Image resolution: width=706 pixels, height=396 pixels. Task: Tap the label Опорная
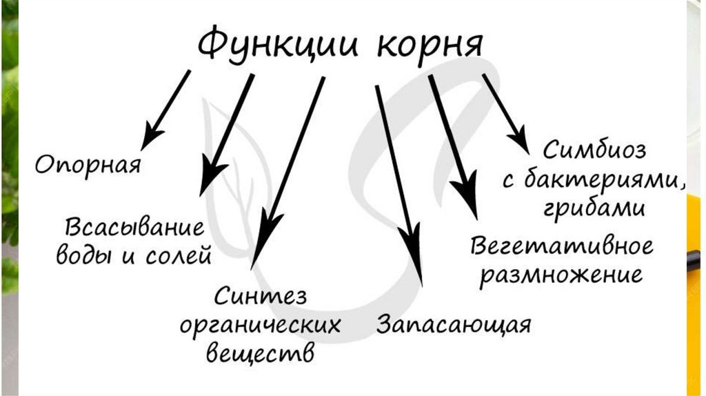(x=88, y=166)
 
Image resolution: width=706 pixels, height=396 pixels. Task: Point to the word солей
(x=179, y=257)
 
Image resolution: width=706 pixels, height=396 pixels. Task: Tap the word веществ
(x=261, y=352)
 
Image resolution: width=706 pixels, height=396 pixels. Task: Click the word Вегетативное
(x=562, y=246)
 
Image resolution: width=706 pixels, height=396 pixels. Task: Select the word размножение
(x=561, y=275)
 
